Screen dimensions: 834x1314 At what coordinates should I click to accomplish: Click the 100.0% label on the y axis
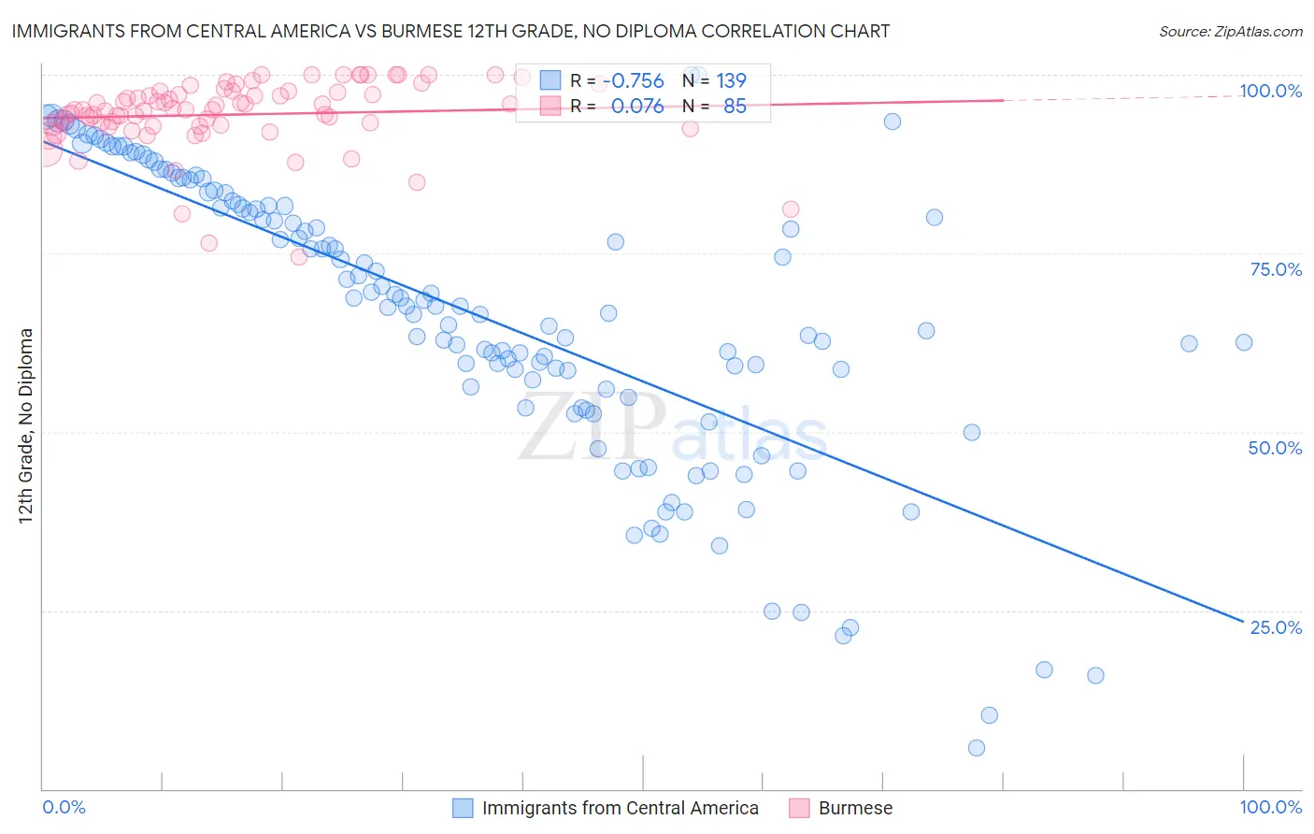pos(1270,91)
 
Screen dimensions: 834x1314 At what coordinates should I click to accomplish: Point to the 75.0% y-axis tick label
pos(1276,269)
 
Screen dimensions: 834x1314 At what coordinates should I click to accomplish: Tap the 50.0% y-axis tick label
pos(1275,448)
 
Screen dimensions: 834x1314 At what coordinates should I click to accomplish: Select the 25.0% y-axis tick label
pos(1276,627)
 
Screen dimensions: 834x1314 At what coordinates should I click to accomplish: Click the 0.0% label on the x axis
pos(64,807)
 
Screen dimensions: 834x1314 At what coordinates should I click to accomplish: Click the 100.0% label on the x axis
pos(1270,807)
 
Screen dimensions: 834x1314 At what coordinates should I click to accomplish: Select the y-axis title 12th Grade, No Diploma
pos(26,425)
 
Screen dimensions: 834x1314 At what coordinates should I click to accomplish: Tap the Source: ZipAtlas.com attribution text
pos(1230,31)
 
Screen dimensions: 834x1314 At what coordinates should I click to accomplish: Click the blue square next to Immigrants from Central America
pos(463,808)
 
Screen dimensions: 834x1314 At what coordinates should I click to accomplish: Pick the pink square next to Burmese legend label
pos(799,808)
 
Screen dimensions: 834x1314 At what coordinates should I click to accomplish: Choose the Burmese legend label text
pos(855,808)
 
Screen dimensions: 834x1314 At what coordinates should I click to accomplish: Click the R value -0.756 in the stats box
pos(633,81)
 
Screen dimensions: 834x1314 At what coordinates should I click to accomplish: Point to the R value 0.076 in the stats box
pos(637,106)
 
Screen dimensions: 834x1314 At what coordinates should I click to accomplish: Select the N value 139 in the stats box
pos(731,81)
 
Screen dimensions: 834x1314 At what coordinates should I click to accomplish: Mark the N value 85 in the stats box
pos(735,106)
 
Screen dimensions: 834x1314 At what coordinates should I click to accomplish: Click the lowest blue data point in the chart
pos(977,748)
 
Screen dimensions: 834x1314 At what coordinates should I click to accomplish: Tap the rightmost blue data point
pos(1244,342)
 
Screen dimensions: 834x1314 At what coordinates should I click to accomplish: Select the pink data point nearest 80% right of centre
pos(791,209)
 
